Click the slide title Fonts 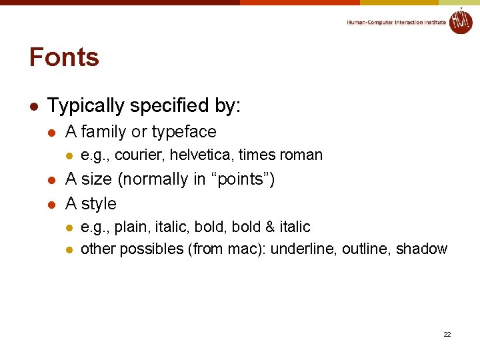click(x=64, y=57)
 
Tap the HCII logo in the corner click(x=460, y=21)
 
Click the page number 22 click(x=447, y=334)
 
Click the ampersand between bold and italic click(x=270, y=227)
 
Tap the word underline click(x=303, y=249)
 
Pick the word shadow click(x=421, y=249)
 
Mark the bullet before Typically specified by click(x=33, y=107)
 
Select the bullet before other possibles click(x=67, y=250)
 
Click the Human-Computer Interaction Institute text click(x=396, y=23)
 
